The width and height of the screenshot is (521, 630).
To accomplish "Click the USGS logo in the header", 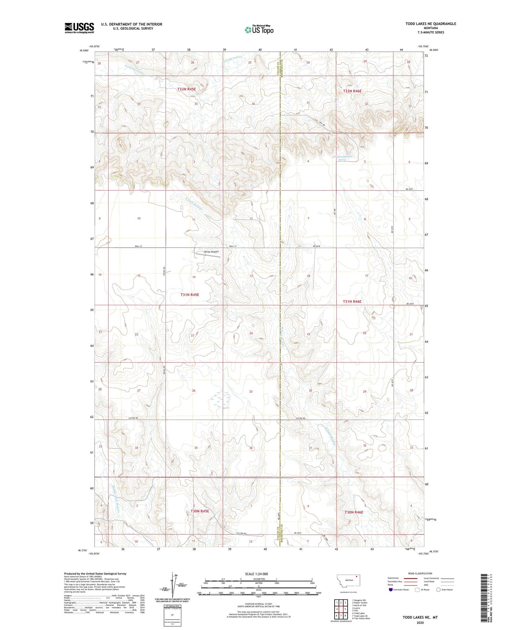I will coord(79,28).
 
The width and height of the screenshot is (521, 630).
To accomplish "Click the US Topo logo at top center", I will coord(259,30).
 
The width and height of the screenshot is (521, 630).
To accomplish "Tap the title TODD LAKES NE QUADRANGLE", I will coord(431,24).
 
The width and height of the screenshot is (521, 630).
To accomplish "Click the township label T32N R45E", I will coord(186,89).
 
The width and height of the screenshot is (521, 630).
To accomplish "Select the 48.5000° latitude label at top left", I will coord(84,51).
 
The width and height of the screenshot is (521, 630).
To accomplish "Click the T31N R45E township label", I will coord(190,295).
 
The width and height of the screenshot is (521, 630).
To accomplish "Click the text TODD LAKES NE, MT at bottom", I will coord(420,617).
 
